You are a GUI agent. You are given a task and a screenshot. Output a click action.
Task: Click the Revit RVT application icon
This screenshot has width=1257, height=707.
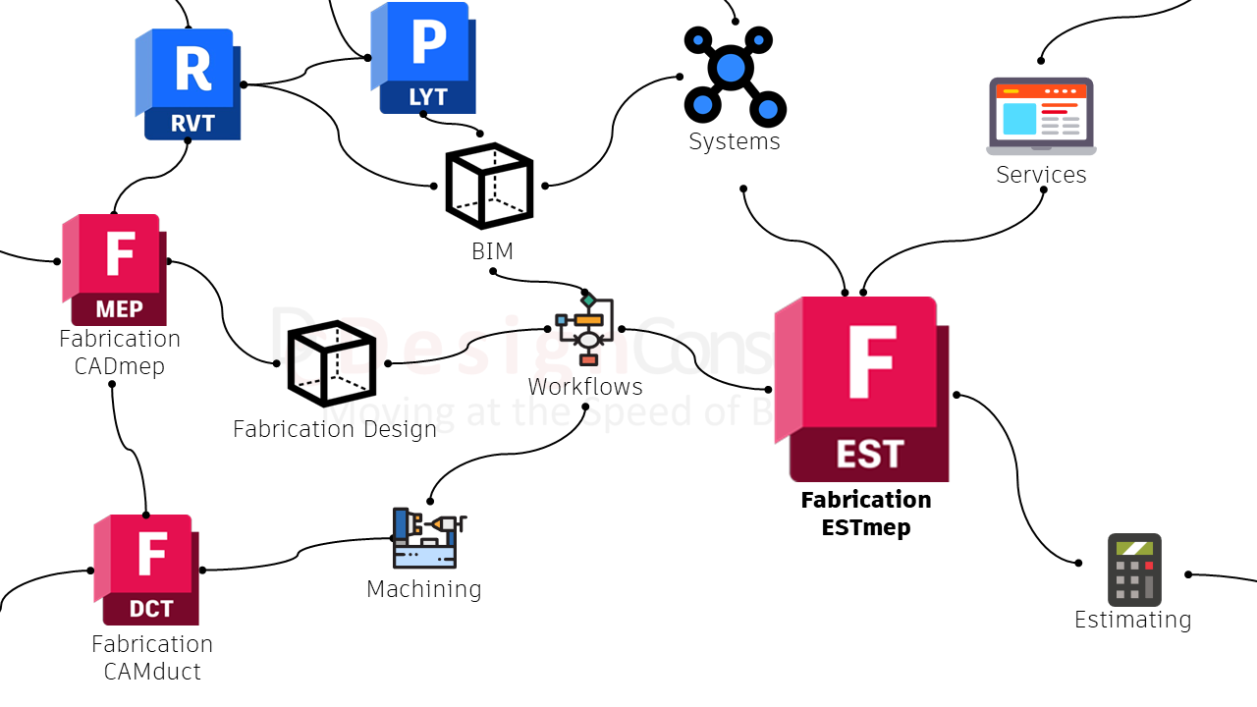coord(189,84)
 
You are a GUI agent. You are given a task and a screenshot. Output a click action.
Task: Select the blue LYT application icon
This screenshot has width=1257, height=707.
coord(423,58)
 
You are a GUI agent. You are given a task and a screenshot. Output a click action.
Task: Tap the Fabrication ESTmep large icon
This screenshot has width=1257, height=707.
coord(862,389)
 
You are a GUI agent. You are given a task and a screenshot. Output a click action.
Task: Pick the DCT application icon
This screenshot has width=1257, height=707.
coord(147,570)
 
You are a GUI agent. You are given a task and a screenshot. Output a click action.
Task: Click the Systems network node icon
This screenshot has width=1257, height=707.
coord(734,75)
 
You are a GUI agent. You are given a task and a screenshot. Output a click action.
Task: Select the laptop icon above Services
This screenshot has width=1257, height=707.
coord(1041,116)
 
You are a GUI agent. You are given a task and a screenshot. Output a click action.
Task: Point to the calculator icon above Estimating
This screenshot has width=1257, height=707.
coord(1134,570)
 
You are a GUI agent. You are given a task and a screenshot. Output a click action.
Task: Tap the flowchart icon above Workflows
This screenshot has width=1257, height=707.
coord(585,329)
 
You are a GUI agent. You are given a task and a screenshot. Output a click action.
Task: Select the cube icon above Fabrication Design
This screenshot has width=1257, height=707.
coord(332,363)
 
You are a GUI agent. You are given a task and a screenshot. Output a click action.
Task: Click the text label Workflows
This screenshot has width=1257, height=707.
coord(585,387)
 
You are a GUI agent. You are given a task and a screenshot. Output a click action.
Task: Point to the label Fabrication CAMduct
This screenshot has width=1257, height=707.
coord(152,658)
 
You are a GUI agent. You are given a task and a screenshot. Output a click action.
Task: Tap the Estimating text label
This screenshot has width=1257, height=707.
coord(1132,620)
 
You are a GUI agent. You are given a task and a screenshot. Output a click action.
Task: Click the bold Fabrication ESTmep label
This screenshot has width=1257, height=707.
coord(866,514)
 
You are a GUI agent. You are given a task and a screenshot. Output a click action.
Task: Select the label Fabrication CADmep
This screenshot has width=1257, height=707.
coord(120,353)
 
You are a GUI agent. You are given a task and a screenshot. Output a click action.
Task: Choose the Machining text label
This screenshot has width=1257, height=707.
coord(424,589)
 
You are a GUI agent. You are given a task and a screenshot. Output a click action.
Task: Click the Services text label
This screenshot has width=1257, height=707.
coord(1041,175)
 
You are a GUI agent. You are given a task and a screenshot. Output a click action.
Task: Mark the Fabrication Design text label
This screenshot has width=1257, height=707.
coord(335,429)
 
